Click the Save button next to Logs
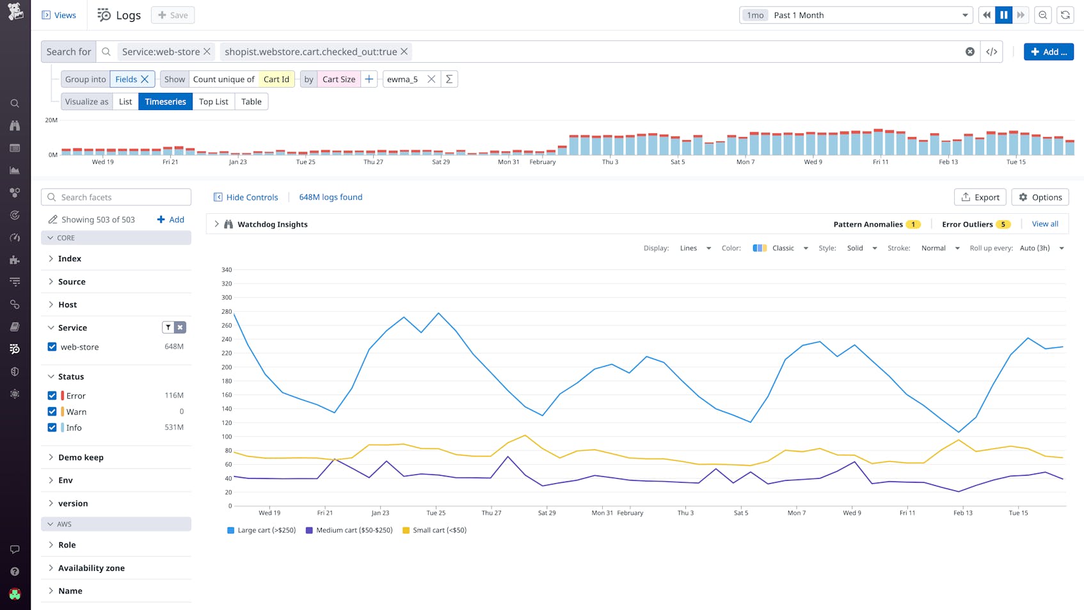tap(173, 15)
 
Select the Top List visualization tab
tap(213, 102)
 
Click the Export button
tap(980, 197)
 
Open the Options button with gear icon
tap(1040, 197)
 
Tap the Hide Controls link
tap(246, 197)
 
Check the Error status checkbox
tap(52, 396)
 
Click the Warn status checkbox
tap(52, 412)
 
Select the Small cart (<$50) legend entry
tap(434, 531)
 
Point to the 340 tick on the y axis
tap(226, 270)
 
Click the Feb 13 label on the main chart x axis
tap(962, 513)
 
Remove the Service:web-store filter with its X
tap(207, 52)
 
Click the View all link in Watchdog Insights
tap(1044, 224)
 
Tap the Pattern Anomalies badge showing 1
tap(913, 225)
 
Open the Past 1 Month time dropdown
tap(856, 15)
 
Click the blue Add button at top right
tap(1048, 52)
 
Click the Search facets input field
tap(116, 197)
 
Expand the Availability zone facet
tap(91, 568)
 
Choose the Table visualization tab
tap(251, 102)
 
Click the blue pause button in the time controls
tap(1003, 15)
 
